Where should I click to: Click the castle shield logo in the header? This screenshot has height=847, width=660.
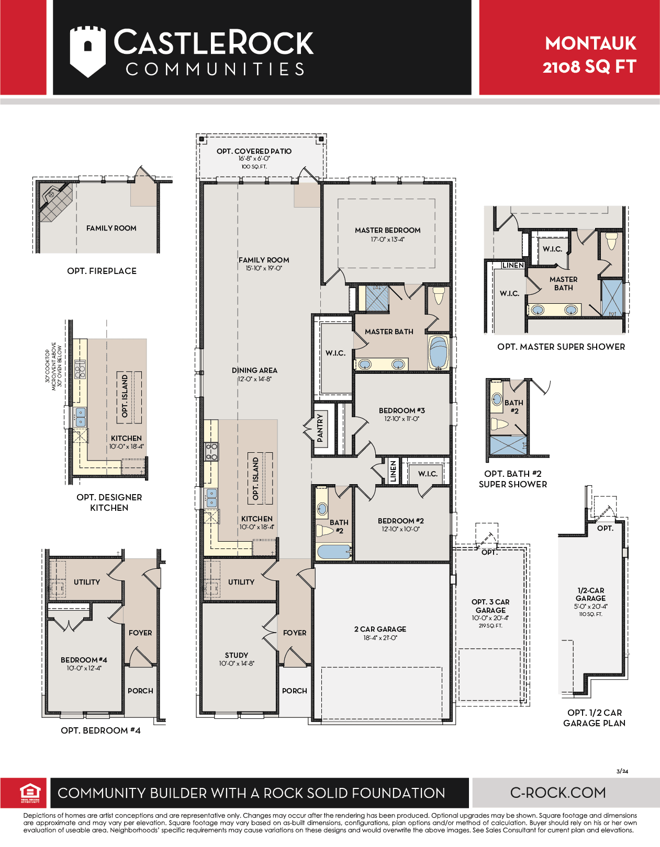88,51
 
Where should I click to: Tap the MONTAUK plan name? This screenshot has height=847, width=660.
590,43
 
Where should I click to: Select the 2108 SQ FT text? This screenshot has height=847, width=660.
589,66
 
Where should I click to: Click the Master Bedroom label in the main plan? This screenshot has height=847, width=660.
388,231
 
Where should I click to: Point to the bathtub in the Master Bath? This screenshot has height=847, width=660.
439,352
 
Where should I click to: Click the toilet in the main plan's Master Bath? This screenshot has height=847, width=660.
439,296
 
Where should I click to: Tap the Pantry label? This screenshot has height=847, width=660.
320,428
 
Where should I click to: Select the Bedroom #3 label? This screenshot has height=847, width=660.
402,410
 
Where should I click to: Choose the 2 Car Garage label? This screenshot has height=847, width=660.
381,629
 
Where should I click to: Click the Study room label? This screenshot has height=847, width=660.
237,655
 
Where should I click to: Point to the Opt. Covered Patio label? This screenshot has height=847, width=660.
254,151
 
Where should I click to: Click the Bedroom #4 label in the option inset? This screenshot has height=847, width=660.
84,660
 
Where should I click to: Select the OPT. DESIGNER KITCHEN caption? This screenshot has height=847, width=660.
109,502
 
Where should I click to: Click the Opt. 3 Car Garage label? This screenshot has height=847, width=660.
490,606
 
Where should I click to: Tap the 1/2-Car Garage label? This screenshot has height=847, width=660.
590,594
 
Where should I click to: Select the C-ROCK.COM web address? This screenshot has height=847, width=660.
558,793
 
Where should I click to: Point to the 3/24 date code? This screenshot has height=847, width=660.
622,771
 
